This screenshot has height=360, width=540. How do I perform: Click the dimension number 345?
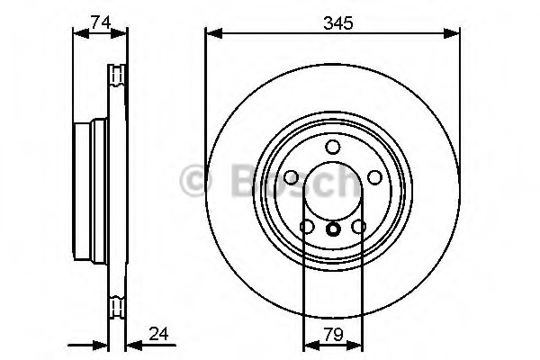pos(338,23)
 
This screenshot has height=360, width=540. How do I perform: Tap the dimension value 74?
pos(101,22)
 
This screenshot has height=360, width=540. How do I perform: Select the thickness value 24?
pos(158,334)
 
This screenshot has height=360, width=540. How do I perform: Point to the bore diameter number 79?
pos(333,335)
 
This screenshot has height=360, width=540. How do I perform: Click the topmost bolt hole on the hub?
pos(333,147)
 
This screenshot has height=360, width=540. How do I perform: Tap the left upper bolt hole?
pos(292,177)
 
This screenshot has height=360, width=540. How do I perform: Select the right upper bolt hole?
pos(374,177)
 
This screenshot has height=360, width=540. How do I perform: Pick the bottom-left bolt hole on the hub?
pos(307,227)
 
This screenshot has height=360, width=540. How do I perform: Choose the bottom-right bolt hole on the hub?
pos(358,227)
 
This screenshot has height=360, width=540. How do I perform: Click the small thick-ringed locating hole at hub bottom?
pos(333,229)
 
